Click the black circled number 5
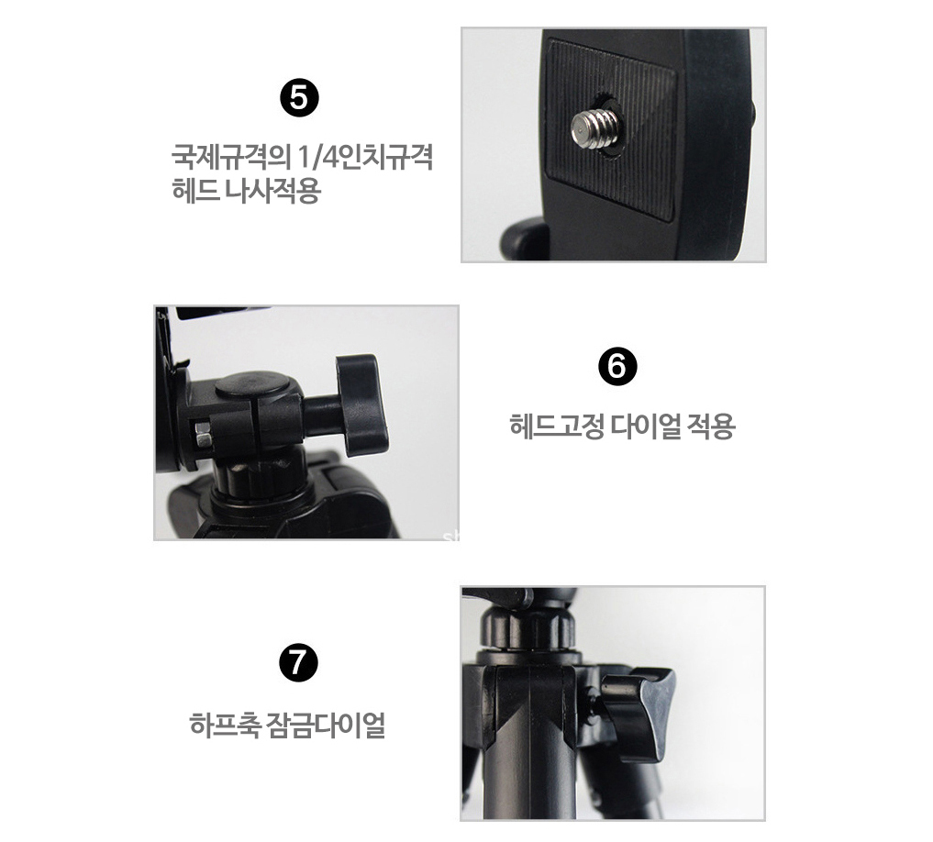(x=299, y=98)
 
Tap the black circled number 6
(x=617, y=366)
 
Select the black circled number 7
(x=298, y=663)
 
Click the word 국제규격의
(x=230, y=158)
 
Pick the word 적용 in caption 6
(x=711, y=427)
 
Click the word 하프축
(x=225, y=725)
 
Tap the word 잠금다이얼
(x=327, y=725)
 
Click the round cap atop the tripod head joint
(x=251, y=385)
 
